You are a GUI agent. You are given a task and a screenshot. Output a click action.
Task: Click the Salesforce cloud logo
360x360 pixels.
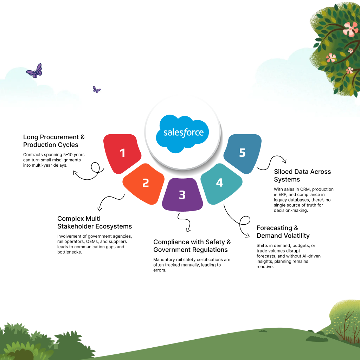pos(183,133)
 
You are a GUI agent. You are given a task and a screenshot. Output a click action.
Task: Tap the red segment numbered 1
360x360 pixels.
pos(122,153)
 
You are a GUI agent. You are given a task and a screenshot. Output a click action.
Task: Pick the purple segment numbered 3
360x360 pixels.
pos(182,194)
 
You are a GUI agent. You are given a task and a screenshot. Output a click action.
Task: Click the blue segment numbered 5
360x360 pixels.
pos(243,153)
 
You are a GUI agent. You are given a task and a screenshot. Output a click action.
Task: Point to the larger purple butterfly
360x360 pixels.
pos(34,71)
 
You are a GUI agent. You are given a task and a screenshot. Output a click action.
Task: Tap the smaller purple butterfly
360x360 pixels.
pos(97,89)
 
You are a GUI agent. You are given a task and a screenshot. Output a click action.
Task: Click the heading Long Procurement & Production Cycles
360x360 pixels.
pos(54,141)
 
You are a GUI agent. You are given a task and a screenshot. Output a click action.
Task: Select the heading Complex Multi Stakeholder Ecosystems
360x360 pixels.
pos(95,223)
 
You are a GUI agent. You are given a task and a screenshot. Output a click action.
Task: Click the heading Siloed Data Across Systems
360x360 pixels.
pos(302,175)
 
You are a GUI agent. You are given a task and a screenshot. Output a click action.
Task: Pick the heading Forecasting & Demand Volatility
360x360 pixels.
pos(283,232)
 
